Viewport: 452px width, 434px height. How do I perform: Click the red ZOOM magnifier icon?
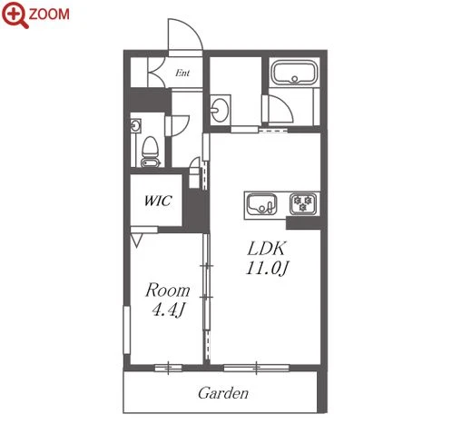15,15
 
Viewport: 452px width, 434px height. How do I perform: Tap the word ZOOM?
49,15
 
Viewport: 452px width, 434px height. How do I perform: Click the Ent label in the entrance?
182,73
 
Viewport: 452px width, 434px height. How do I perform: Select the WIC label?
158,201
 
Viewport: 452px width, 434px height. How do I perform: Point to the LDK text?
266,249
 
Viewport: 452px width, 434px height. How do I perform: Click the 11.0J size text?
267,268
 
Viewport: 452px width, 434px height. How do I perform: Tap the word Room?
168,290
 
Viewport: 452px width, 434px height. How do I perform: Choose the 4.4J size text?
168,310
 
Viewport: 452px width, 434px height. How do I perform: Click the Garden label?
223,393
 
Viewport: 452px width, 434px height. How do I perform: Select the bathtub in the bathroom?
294,73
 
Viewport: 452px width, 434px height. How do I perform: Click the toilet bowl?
151,152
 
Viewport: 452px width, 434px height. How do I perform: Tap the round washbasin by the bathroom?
220,109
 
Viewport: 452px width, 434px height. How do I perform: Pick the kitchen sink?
261,204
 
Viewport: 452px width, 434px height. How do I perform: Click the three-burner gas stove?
303,203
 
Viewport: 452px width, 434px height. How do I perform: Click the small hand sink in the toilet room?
135,125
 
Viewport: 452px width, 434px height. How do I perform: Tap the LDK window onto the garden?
256,368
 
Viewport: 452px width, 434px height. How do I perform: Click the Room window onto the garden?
169,368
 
